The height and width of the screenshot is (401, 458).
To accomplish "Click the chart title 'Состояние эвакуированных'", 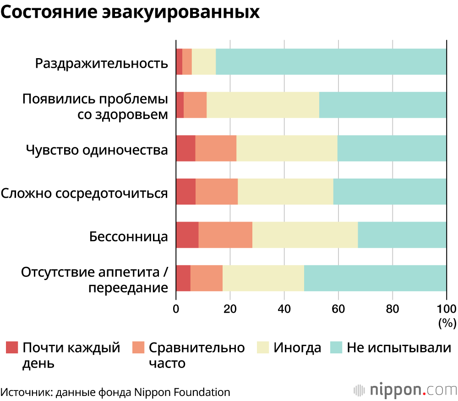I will pos(130,12).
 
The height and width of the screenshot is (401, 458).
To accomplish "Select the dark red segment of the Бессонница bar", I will pos(187,235).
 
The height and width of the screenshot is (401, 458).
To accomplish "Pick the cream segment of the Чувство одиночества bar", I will pos(287,148).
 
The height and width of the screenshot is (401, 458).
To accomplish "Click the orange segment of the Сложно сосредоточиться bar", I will pos(217,191).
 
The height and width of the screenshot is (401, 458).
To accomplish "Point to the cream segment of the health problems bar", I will pos(263,105).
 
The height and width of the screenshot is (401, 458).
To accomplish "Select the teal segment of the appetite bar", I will pos(375,278).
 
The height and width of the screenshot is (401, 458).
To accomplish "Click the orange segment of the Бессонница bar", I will pos(225,235).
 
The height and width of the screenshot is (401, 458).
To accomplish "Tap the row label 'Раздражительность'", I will pos(102,63).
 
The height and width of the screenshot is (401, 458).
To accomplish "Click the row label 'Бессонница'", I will pos(129,237).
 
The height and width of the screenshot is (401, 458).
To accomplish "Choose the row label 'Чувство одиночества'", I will pos(97,150).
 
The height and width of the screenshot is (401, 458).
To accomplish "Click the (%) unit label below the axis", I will pos(447,323).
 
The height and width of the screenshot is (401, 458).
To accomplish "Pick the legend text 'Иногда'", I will pos(297,348).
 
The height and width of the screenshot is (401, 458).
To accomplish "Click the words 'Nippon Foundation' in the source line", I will pos(182,392).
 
